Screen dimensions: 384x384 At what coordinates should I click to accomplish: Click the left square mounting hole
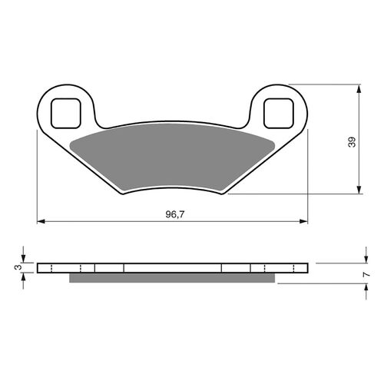[66, 112]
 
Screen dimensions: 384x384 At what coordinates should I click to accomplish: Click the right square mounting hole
[278, 112]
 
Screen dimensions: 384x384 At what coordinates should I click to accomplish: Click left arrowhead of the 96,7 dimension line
[41, 222]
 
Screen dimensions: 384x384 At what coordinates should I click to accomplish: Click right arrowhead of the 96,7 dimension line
[303, 222]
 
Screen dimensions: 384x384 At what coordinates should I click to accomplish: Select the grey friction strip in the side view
[173, 278]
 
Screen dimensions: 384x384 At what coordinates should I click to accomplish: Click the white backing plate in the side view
[173, 268]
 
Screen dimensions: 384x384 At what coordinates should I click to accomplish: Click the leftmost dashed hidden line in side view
[50, 268]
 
